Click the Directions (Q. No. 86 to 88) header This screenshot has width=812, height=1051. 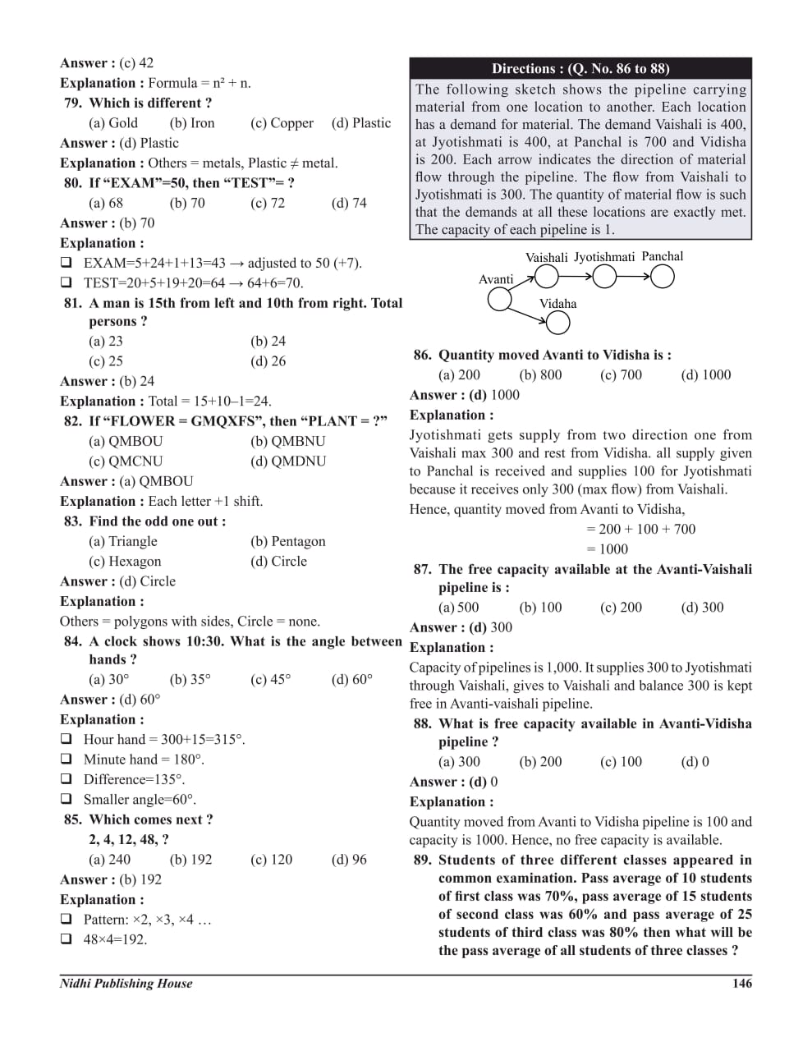pyautogui.click(x=580, y=69)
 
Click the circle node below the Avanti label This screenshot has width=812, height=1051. pyautogui.click(x=499, y=300)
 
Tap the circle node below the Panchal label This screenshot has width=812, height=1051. pyautogui.click(x=662, y=278)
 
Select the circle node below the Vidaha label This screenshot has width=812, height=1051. pyautogui.click(x=557, y=324)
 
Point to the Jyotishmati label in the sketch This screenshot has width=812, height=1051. pyautogui.click(x=603, y=257)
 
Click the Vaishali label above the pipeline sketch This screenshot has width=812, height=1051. pyautogui.click(x=546, y=258)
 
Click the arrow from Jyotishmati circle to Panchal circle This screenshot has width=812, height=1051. pyautogui.click(x=633, y=278)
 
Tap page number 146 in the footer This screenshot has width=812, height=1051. pyautogui.click(x=741, y=983)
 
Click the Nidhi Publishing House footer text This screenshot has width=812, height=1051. pyautogui.click(x=126, y=983)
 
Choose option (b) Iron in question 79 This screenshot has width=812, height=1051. pyautogui.click(x=192, y=123)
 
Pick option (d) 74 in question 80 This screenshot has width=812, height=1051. pyautogui.click(x=349, y=203)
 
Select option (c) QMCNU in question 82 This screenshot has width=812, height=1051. pyautogui.click(x=126, y=461)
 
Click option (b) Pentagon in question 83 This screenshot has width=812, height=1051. pyautogui.click(x=287, y=541)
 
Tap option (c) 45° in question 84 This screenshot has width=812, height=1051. pyautogui.click(x=270, y=679)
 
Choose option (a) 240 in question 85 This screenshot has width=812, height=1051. pyautogui.click(x=109, y=860)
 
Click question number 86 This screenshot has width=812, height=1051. pyautogui.click(x=422, y=356)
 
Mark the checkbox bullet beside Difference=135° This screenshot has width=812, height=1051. pyautogui.click(x=66, y=779)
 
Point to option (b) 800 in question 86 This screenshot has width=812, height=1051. pyautogui.click(x=540, y=375)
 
